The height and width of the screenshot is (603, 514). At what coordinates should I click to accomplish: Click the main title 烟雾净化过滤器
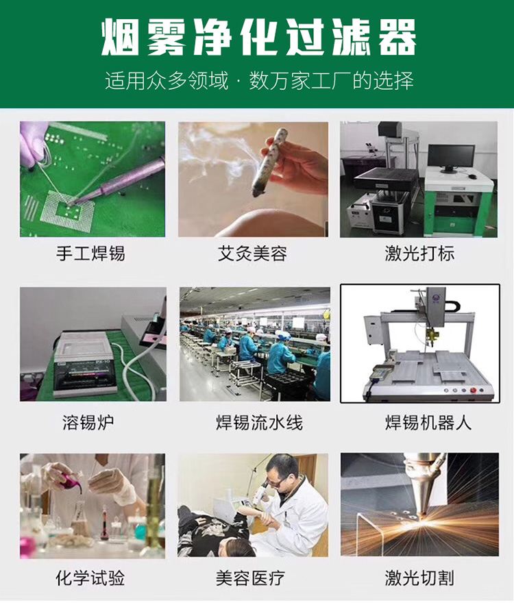tap(258, 38)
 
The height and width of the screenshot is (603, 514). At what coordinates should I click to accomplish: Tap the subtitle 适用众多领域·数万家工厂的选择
tap(259, 81)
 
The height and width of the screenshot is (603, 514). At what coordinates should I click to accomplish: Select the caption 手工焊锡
tap(90, 254)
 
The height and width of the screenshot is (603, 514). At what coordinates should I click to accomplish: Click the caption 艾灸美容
tap(252, 254)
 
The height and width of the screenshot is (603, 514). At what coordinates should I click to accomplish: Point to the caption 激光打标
tap(419, 254)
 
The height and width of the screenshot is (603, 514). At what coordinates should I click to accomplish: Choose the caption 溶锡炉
tap(88, 422)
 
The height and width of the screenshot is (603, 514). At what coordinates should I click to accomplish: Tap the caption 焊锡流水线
tap(259, 422)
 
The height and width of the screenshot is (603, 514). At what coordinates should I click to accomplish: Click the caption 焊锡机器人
tap(428, 422)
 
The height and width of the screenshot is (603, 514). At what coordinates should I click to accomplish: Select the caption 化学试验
tap(90, 578)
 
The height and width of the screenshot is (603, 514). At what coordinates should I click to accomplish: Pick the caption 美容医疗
tap(250, 578)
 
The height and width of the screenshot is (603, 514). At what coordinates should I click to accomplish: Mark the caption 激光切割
tap(419, 578)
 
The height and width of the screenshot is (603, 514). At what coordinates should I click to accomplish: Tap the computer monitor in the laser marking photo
tap(451, 158)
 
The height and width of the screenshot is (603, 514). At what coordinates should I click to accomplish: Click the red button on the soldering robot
tap(473, 391)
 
